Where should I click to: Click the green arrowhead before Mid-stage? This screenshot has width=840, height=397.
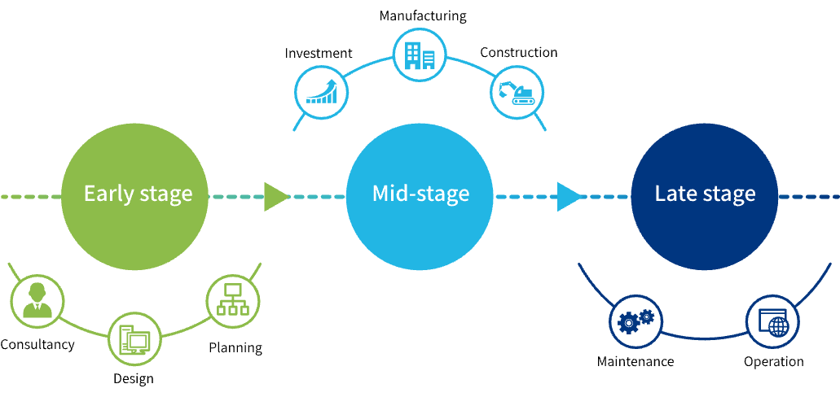(275, 196)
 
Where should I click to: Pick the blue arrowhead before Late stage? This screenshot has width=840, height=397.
(569, 196)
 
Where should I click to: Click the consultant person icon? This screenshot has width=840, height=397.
(37, 300)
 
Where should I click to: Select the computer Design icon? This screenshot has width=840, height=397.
(134, 339)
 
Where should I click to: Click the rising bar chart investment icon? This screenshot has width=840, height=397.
(321, 92)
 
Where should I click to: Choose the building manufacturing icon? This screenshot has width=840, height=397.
(420, 55)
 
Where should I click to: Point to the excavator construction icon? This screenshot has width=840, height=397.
(517, 92)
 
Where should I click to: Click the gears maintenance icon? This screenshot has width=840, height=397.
(636, 321)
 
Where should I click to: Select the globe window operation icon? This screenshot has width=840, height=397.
(773, 321)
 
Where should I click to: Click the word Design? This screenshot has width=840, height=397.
(134, 379)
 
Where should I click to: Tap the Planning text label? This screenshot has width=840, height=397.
(235, 348)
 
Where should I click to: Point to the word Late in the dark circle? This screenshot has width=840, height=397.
(675, 194)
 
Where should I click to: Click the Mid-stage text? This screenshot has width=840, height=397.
(420, 194)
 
